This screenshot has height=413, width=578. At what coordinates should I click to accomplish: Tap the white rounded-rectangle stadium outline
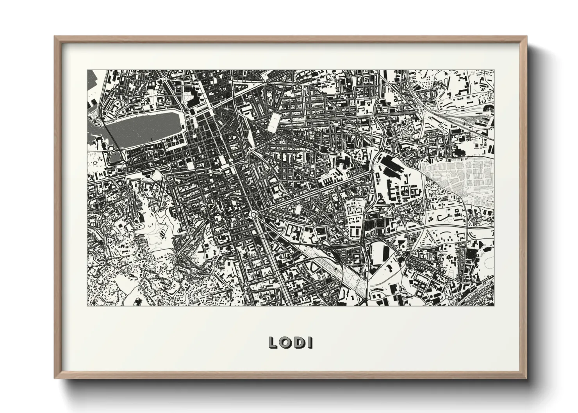pyautogui.click(x=274, y=122)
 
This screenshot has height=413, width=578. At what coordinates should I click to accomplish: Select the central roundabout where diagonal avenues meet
pyautogui.click(x=254, y=214)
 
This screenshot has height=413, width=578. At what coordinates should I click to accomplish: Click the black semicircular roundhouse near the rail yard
pyautogui.click(x=488, y=107)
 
